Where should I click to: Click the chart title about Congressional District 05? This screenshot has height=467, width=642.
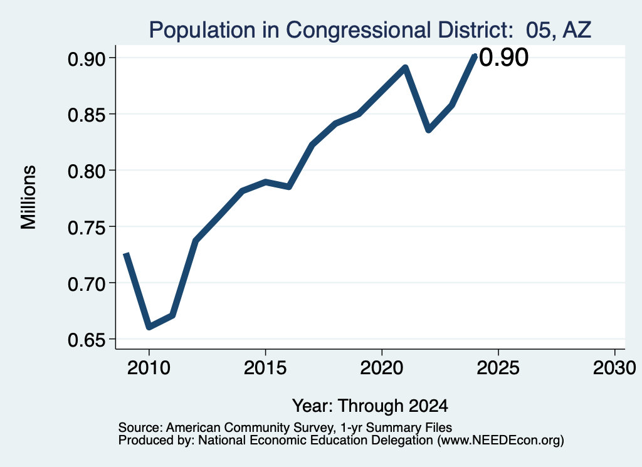370,30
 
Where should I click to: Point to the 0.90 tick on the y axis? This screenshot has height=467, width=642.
87,58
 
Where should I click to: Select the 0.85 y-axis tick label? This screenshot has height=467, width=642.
87,115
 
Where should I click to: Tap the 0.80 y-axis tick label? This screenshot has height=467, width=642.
87,171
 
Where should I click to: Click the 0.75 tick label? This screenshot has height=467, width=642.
87,228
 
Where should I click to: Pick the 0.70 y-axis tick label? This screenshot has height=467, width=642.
87,283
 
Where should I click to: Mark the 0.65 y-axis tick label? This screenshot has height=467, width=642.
87,340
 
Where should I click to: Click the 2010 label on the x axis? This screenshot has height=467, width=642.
149,367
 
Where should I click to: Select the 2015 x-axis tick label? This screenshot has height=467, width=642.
265,367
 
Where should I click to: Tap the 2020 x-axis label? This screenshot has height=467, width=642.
382,367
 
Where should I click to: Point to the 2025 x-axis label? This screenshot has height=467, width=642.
498,367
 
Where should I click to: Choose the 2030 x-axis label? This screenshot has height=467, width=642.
614,367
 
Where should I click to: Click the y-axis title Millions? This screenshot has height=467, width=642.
29,197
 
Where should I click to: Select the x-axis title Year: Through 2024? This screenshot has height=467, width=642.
370,406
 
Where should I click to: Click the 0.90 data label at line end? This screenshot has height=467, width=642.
503,57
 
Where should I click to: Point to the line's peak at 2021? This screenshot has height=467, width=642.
405,67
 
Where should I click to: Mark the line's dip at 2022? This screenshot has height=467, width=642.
429,130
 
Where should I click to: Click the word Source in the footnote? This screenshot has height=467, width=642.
142,428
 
